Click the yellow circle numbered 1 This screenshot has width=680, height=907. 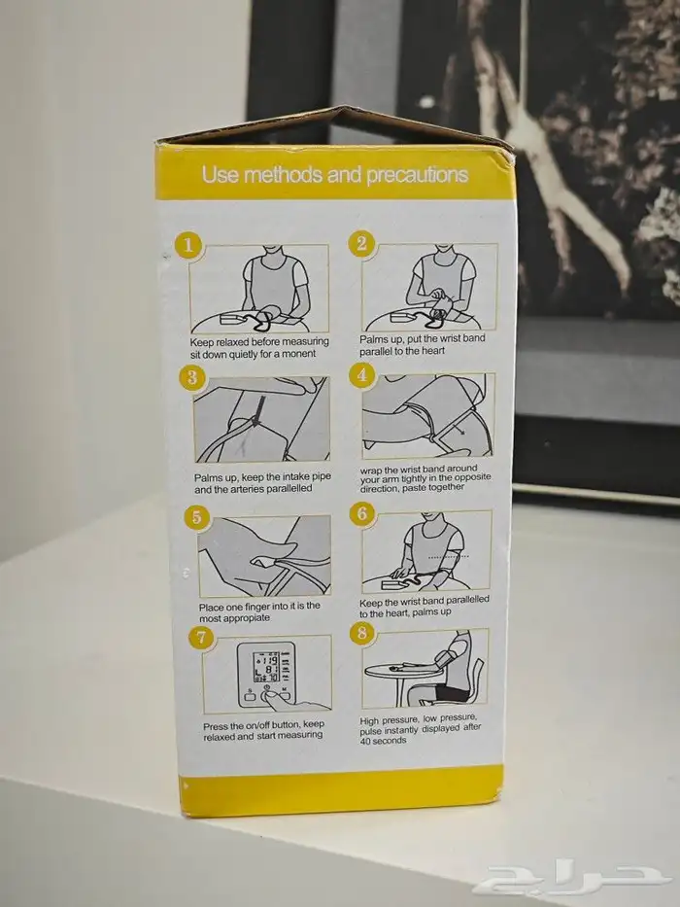(x=187, y=246)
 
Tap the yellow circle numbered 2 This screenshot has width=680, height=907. (x=361, y=243)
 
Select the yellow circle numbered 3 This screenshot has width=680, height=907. (x=192, y=378)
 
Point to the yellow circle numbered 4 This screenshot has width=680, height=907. (x=361, y=375)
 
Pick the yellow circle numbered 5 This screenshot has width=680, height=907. (x=196, y=516)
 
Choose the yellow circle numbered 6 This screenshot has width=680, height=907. (x=362, y=513)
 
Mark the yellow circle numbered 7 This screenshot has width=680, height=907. (x=201, y=638)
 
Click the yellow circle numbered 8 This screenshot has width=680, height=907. (x=362, y=633)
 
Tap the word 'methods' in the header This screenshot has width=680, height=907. (x=284, y=175)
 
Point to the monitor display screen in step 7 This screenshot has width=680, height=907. (x=266, y=668)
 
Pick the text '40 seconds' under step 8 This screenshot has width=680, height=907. (x=383, y=741)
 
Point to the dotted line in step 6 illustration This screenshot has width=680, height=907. (x=448, y=556)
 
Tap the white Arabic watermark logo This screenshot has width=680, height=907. (x=568, y=880)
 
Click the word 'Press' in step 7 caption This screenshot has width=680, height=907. (x=215, y=726)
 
